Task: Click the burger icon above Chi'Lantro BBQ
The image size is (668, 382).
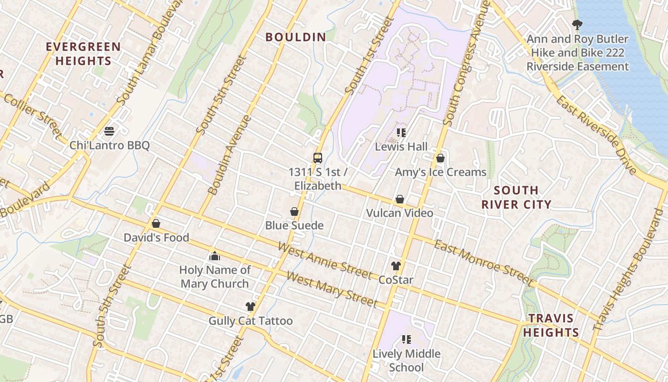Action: (109, 131)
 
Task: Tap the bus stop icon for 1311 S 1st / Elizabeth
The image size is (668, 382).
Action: (317, 158)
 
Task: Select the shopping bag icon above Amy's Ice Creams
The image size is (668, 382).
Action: (440, 158)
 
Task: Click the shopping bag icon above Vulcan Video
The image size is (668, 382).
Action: (400, 199)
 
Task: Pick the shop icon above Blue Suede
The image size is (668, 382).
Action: (294, 212)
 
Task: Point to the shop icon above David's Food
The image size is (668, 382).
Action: (156, 223)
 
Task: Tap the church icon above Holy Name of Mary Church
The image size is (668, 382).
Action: (215, 256)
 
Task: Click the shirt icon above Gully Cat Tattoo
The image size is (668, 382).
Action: (250, 307)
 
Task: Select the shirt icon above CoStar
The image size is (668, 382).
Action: (396, 266)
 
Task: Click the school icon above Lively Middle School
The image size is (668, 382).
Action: (407, 340)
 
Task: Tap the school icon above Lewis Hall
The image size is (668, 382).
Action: (401, 132)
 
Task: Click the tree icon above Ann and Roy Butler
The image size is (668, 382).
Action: (577, 25)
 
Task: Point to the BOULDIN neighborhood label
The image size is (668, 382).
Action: (296, 37)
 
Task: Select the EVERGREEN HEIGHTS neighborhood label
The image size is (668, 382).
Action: (83, 54)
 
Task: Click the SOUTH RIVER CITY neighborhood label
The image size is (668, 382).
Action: (516, 198)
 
